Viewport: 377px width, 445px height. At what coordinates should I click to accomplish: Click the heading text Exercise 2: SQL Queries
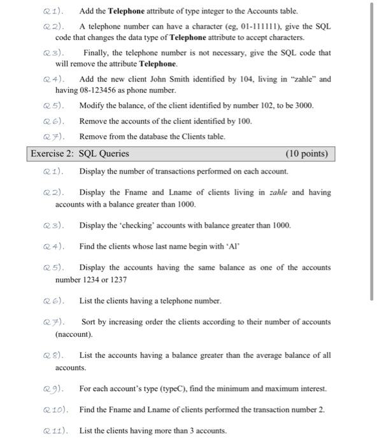[80, 153]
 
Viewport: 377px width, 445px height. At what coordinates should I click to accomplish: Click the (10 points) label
[309, 153]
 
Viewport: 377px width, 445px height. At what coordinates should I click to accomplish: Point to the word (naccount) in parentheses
[74, 334]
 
